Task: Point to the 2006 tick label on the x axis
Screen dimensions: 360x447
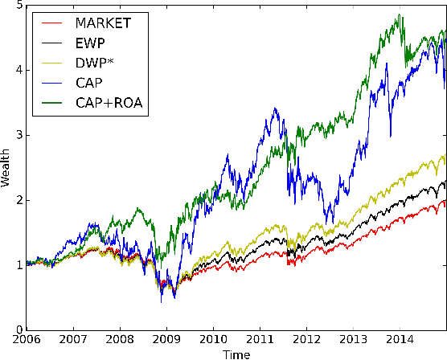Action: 27,340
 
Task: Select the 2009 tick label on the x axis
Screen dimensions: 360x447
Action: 166,340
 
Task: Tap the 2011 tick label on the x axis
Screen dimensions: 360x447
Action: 260,340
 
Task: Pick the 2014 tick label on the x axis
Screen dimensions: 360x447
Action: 400,340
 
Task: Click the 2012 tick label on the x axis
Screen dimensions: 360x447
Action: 306,340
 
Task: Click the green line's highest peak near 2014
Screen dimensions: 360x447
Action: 400,14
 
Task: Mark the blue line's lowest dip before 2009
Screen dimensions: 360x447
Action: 162,301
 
